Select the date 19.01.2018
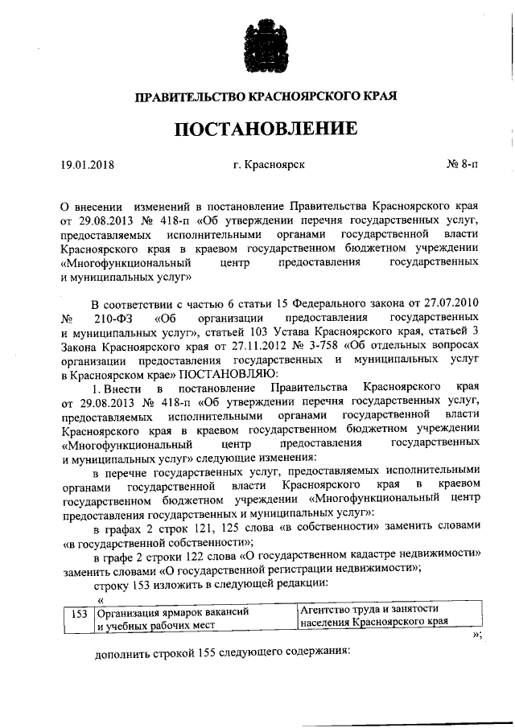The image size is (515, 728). click(88, 167)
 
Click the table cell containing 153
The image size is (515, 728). click(78, 613)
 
